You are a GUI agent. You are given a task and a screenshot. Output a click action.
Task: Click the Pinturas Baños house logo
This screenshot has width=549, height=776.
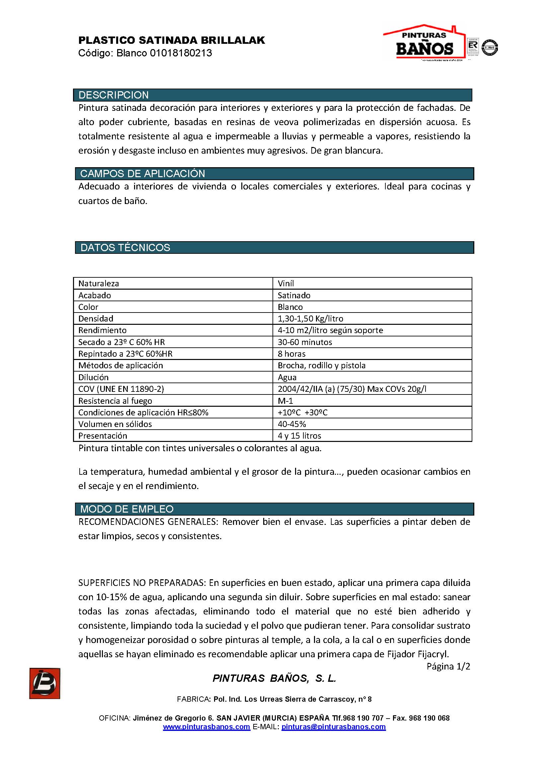click(424, 42)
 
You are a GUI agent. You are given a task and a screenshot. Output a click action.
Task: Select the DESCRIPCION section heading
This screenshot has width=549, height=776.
click(114, 95)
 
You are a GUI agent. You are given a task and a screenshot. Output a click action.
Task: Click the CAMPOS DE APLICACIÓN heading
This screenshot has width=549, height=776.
click(142, 174)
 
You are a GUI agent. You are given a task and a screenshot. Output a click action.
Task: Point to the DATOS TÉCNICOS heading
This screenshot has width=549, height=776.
click(125, 247)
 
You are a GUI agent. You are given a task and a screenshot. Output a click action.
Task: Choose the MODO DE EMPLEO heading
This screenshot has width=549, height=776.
click(127, 509)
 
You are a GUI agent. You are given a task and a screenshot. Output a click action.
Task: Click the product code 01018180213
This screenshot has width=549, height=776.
click(181, 53)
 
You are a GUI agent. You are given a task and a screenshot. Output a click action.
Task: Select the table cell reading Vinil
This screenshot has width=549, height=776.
click(286, 283)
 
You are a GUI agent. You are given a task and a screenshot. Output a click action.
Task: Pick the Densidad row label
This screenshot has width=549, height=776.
click(96, 318)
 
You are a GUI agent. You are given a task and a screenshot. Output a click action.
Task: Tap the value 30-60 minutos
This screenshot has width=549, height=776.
click(305, 342)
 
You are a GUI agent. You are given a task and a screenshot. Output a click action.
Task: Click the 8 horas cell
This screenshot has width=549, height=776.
click(291, 354)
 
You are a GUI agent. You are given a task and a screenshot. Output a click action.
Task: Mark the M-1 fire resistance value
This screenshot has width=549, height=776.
click(285, 401)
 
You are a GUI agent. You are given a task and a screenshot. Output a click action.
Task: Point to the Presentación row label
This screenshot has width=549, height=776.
click(103, 436)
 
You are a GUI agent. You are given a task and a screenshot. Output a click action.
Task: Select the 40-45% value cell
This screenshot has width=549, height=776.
click(292, 424)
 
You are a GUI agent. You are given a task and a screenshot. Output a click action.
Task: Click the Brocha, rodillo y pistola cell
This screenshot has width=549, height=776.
click(322, 365)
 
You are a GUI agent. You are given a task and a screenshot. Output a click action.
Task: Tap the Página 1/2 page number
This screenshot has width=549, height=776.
click(448, 666)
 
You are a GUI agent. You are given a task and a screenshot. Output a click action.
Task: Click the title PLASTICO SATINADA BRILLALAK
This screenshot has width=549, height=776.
click(172, 40)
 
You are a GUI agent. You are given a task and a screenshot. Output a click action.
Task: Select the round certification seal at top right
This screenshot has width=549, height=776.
click(490, 47)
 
